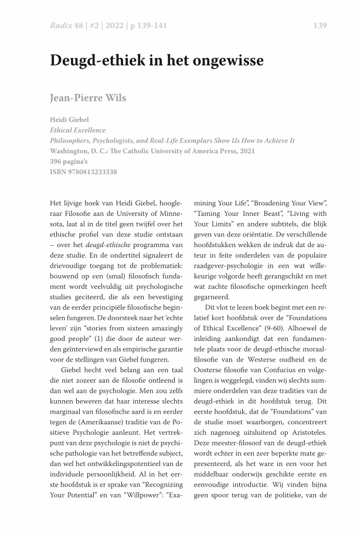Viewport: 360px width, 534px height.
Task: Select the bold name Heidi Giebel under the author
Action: [69, 120]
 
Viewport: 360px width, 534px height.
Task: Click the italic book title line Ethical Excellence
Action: [77, 130]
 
